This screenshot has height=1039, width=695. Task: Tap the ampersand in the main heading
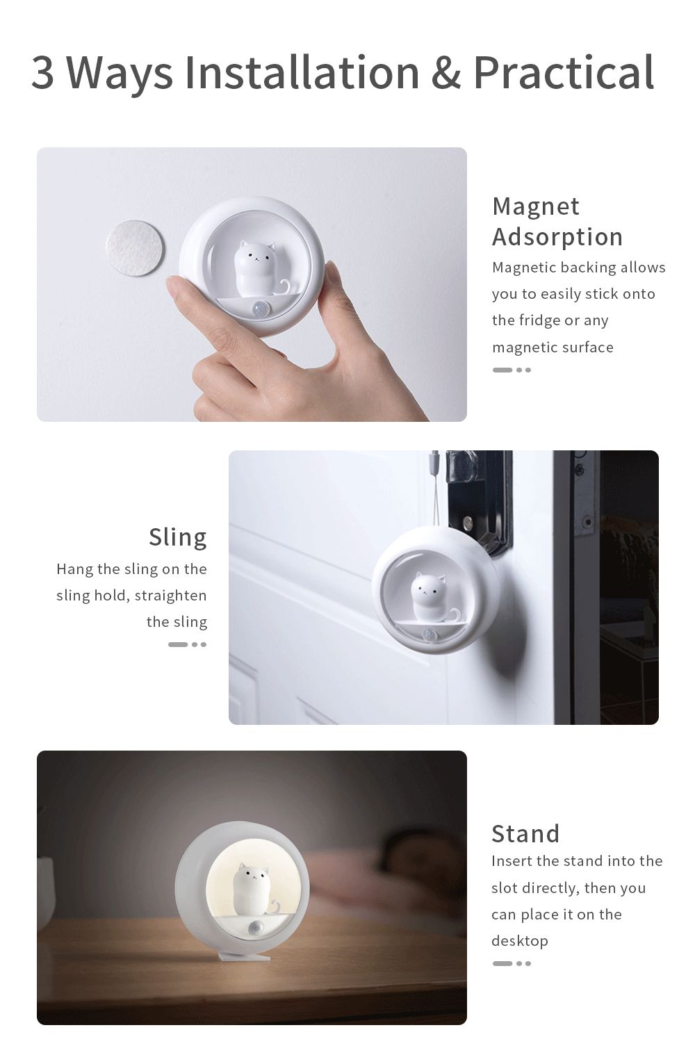tap(446, 73)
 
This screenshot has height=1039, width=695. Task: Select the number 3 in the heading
tap(42, 73)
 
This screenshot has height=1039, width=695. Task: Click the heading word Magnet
tap(536, 206)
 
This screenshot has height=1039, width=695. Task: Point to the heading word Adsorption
tap(557, 237)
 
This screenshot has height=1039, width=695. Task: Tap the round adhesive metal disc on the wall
tap(135, 247)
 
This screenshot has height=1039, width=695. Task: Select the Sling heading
tap(178, 538)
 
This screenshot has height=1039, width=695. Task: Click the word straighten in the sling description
tap(170, 595)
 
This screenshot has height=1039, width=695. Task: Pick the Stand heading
tap(525, 833)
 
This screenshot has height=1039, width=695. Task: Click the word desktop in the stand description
tap(520, 941)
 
